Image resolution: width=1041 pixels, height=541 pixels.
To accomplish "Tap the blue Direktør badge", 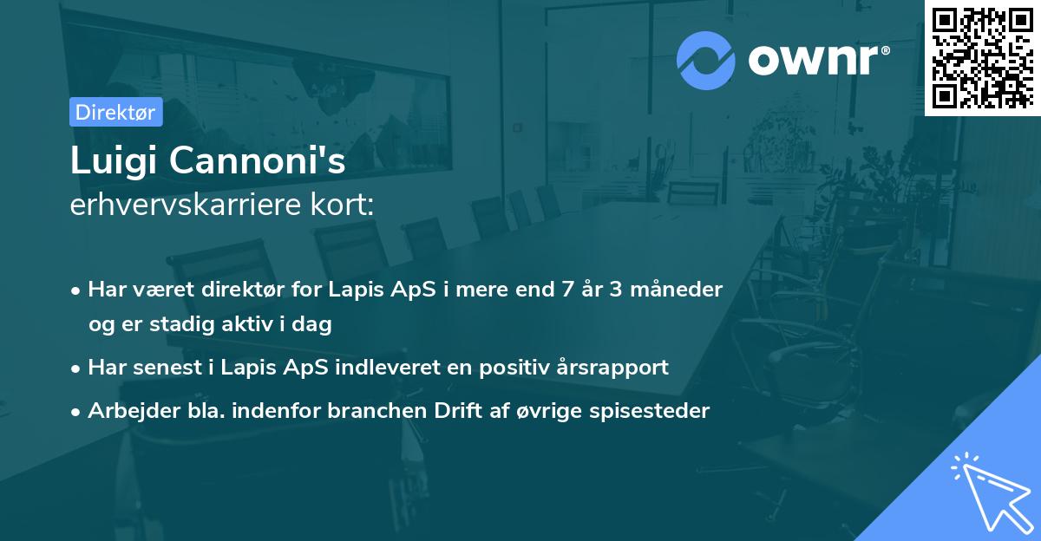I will coord(115,112).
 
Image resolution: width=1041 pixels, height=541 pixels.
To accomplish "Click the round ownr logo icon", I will coord(706,60).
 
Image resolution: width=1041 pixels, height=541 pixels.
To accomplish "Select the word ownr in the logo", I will coord(816,60).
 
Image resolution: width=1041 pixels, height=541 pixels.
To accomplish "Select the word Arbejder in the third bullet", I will coord(126,411).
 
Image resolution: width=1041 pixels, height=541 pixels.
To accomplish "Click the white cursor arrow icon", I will coord(990,493).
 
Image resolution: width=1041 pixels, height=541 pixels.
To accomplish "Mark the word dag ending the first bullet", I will coord(316,324).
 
